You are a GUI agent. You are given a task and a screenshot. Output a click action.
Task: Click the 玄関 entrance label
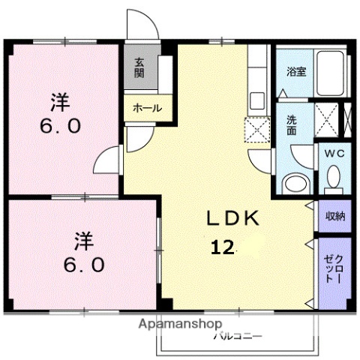coord(139,68)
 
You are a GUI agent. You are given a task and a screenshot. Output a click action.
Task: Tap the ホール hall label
coord(146,108)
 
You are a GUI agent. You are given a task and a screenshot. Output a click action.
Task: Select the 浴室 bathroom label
coord(296,72)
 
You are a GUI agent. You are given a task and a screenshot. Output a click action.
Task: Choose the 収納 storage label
coord(334,216)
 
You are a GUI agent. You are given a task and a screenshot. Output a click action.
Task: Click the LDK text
coord(233,218)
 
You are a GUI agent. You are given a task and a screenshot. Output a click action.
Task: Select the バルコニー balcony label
coord(238,336)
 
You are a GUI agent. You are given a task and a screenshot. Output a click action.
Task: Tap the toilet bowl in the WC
coord(334,178)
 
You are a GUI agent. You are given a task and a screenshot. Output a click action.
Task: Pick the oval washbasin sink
coord(294,183)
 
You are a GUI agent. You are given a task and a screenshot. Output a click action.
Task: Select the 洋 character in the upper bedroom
coord(60,100)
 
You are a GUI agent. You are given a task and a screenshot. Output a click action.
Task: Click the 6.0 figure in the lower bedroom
coord(83,265)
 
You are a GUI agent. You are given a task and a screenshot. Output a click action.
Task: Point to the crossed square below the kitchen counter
coord(258,130)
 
